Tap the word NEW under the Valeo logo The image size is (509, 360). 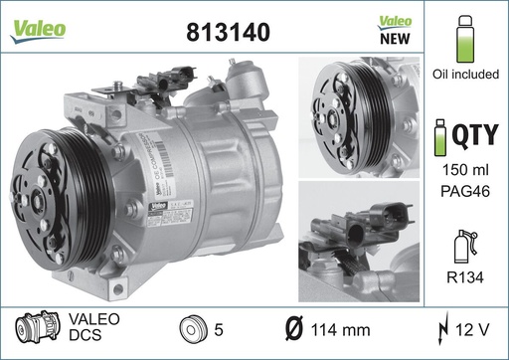(x=396, y=41)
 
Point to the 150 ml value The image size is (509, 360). (x=466, y=171)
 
